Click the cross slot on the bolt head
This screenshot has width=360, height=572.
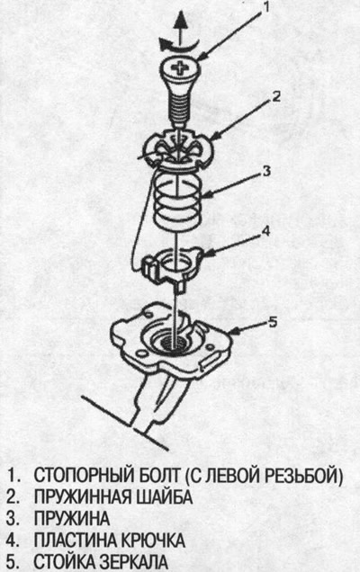click(180, 67)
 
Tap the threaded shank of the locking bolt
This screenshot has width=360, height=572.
click(178, 106)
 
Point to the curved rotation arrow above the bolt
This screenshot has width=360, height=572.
click(177, 45)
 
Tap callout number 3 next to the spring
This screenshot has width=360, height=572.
click(266, 170)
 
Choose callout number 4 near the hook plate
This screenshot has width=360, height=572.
click(266, 230)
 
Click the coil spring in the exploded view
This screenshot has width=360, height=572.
click(176, 199)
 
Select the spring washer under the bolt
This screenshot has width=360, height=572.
click(178, 148)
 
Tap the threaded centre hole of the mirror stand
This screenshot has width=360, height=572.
click(175, 343)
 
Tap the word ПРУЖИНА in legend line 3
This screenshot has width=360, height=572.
click(72, 518)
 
